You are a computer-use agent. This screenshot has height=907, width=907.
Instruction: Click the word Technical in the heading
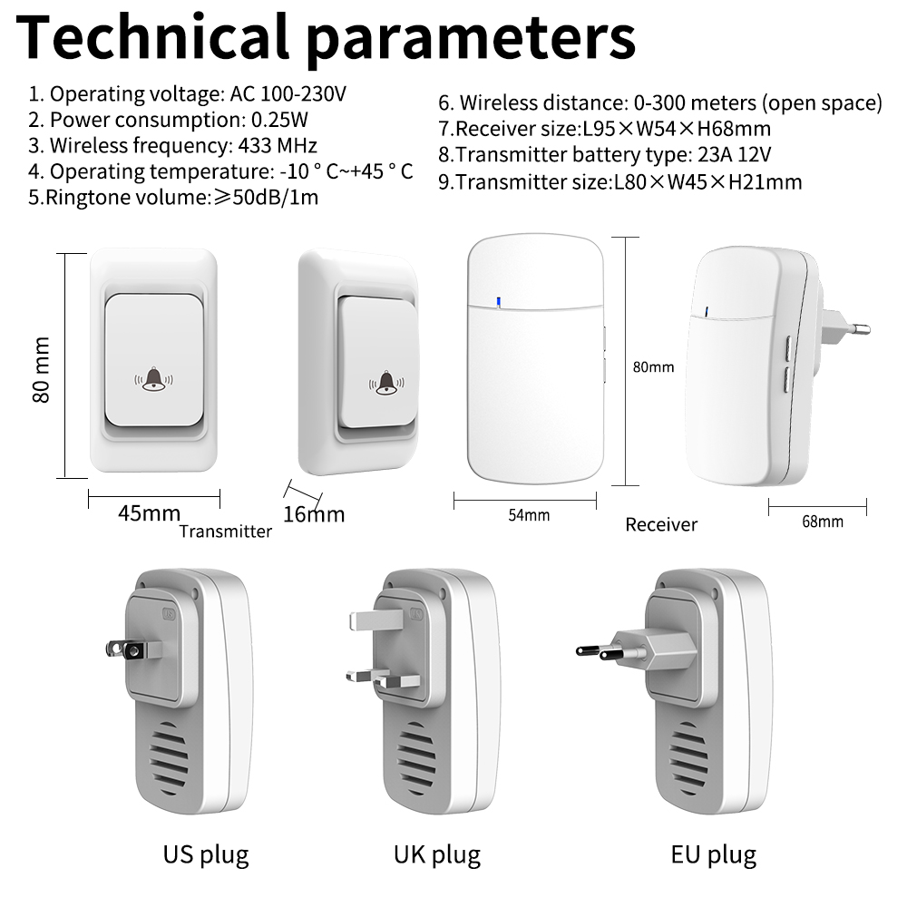pos(152,36)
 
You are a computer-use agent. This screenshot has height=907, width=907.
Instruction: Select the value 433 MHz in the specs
pos(278,145)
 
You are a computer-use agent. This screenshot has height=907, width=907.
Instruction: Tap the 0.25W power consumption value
pos(279,120)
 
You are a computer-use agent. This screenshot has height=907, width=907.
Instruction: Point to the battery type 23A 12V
pos(735,154)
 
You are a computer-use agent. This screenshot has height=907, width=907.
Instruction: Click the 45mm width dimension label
pos(150,513)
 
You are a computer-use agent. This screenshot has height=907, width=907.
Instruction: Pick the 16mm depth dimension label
pos(314,514)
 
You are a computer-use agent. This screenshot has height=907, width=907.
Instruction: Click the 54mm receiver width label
pos(529,515)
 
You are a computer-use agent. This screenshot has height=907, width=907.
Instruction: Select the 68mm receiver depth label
pos(822,522)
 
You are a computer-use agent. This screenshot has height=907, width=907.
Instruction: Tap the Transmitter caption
pos(226,532)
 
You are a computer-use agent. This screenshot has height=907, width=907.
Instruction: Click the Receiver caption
pos(661,524)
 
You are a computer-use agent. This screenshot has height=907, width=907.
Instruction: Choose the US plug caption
pos(206,855)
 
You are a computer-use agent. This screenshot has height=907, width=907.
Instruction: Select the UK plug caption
pos(437,855)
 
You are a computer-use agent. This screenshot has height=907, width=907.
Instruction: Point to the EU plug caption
pos(713,855)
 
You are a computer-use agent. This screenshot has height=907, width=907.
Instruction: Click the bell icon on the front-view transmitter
pos(154,379)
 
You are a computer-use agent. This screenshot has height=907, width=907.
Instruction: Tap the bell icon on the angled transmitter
pos(386,383)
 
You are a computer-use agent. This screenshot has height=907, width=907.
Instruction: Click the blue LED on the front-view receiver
pos(498,301)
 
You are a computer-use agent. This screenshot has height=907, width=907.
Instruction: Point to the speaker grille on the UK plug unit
pos(417,759)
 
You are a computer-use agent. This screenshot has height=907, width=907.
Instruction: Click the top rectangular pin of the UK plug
pos(376,620)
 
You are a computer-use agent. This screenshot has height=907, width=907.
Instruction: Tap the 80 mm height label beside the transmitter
pos(41,369)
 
